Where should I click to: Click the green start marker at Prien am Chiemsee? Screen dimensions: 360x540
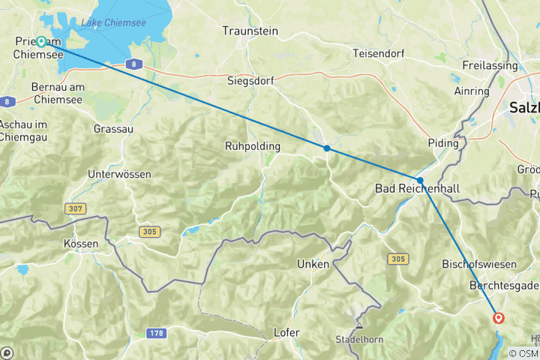pyautogui.click(x=40, y=42)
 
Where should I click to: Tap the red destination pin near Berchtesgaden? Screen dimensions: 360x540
pyautogui.click(x=499, y=318)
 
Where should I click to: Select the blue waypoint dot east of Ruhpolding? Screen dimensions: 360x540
pyautogui.click(x=327, y=148)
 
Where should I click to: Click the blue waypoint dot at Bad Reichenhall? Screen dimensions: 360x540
pyautogui.click(x=420, y=180)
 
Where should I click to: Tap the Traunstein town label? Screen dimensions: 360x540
pyautogui.click(x=250, y=31)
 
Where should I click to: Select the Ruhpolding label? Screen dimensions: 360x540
pyautogui.click(x=253, y=146)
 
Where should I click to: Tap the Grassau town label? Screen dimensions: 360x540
pyautogui.click(x=113, y=128)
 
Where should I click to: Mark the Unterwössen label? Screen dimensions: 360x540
pyautogui.click(x=119, y=174)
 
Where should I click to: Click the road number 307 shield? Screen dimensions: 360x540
pyautogui.click(x=74, y=208)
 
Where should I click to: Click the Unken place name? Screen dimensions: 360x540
pyautogui.click(x=313, y=264)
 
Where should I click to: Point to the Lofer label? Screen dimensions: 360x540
pyautogui.click(x=287, y=332)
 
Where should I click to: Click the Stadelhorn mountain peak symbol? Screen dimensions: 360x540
pyautogui.click(x=360, y=325)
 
